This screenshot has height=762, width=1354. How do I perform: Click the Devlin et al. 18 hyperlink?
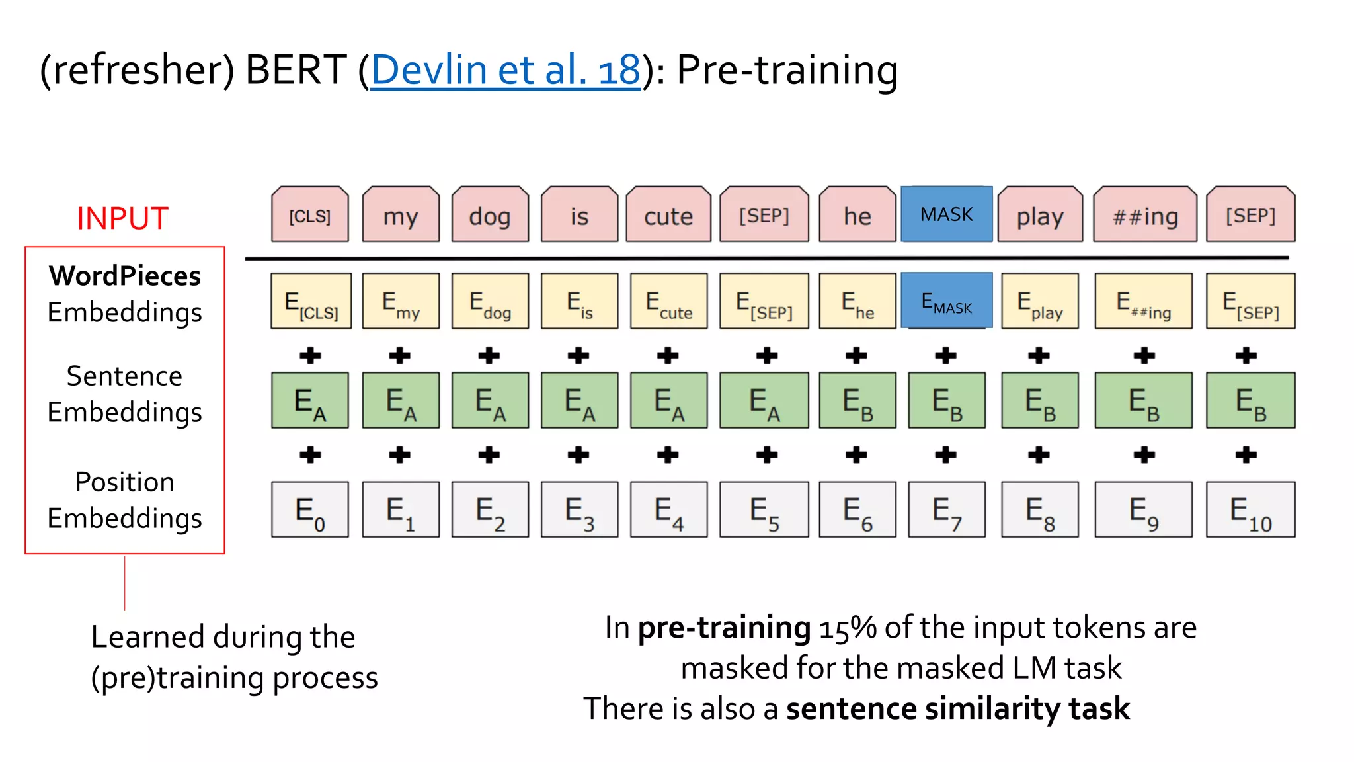pyautogui.click(x=505, y=70)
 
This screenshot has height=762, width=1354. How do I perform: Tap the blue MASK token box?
pyautogui.click(x=946, y=214)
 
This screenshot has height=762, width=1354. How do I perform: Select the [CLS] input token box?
pyautogui.click(x=309, y=215)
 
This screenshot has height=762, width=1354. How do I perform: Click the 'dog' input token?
pyautogui.click(x=490, y=215)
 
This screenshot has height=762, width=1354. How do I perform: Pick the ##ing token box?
pyautogui.click(x=1144, y=215)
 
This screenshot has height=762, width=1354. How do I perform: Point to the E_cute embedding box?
pyautogui.click(x=668, y=302)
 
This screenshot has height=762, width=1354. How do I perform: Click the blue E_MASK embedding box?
pyautogui.click(x=946, y=302)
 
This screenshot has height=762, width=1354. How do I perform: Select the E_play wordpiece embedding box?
pyautogui.click(x=1039, y=302)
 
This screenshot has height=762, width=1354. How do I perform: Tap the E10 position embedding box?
pyautogui.click(x=1250, y=509)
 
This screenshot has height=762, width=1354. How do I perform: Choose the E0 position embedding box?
pyautogui.click(x=309, y=509)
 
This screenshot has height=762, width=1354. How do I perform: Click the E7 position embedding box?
pyautogui.click(x=946, y=509)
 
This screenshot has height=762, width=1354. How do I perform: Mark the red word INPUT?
pyautogui.click(x=122, y=218)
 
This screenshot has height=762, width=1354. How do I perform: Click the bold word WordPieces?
pyautogui.click(x=124, y=276)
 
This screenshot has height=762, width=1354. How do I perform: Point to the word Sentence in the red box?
pyautogui.click(x=124, y=376)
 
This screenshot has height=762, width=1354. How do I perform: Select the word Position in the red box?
pyautogui.click(x=124, y=482)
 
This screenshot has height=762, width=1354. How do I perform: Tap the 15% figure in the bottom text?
pyautogui.click(x=848, y=628)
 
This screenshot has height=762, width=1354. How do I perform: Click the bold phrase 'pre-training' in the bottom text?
pyautogui.click(x=724, y=628)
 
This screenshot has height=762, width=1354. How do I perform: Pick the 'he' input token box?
pyautogui.click(x=857, y=215)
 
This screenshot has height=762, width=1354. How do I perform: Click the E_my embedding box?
pyautogui.click(x=401, y=302)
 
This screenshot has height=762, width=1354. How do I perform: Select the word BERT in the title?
pyautogui.click(x=296, y=70)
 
